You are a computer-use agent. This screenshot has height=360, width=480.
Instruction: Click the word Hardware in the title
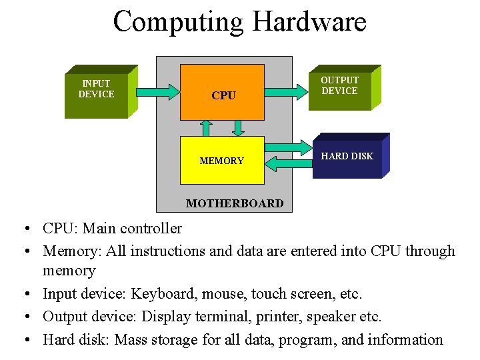pos(309,21)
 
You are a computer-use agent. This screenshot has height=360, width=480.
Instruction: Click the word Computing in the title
pos(179,21)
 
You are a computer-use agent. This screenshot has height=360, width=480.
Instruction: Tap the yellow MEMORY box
pos(222,160)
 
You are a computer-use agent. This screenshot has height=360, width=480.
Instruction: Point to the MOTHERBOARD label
pos(235,203)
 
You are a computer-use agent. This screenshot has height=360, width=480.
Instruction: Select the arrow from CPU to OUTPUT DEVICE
pos(288,89)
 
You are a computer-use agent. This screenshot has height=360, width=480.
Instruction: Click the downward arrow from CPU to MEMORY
pos(237,127)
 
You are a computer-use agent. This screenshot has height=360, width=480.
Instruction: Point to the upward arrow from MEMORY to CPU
pos(207,127)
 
